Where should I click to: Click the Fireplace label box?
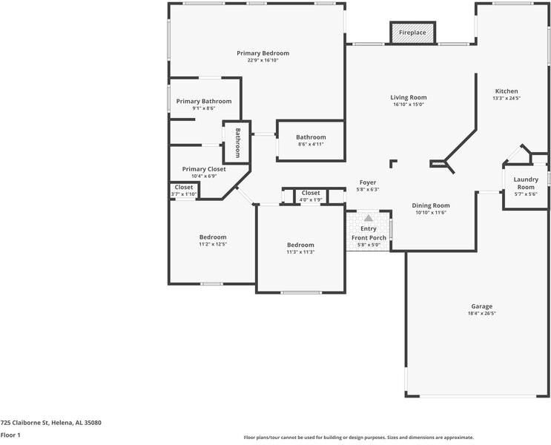(412, 33)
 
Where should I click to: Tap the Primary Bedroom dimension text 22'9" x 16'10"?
(263, 61)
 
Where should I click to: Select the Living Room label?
(409, 97)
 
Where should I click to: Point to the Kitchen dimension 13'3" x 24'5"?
(507, 99)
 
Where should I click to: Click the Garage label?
(482, 306)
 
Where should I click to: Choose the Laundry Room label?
(526, 183)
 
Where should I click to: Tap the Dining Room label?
(431, 205)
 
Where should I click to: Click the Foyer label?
(368, 182)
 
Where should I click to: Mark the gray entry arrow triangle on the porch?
(369, 218)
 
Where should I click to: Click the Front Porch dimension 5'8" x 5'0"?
(369, 245)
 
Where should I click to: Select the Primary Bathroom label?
(204, 101)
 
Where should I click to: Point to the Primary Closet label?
(204, 169)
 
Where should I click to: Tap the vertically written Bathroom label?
(237, 142)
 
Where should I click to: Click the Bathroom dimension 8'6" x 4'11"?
(311, 144)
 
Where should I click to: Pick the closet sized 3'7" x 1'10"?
(184, 190)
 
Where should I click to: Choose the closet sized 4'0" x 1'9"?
(311, 196)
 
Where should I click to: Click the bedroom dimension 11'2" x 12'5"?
(213, 244)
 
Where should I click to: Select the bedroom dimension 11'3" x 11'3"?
(300, 252)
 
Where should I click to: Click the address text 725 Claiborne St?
(24, 423)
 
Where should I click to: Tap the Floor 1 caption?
(10, 435)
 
